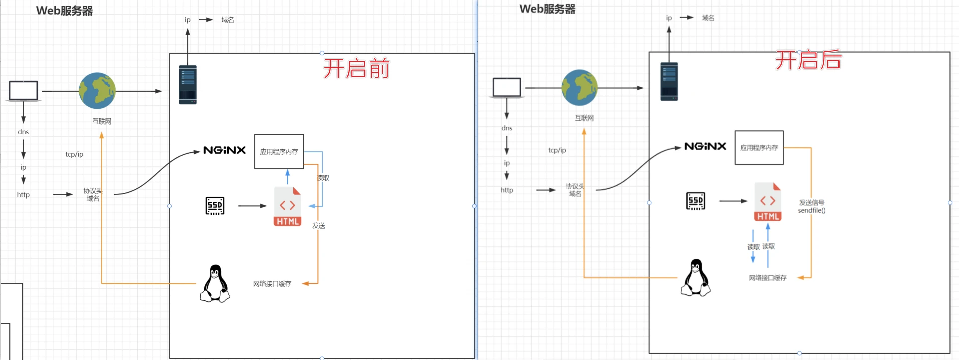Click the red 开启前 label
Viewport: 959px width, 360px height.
[356, 69]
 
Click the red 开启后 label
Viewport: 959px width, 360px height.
[808, 60]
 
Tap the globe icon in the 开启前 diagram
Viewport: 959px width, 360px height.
[97, 91]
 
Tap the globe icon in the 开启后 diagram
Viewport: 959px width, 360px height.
[579, 88]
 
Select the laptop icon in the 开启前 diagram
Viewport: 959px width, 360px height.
[24, 91]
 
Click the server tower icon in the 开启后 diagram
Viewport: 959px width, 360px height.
[669, 81]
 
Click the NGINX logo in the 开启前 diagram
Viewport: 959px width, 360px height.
[224, 150]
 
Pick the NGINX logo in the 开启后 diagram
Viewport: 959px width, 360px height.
[705, 146]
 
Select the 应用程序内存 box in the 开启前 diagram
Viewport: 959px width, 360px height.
[279, 151]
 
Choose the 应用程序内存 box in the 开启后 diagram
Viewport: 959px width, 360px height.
[759, 148]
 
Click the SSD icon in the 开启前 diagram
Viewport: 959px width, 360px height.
[215, 206]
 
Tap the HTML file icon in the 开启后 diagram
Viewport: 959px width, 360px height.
[768, 202]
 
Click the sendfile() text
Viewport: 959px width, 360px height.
[811, 211]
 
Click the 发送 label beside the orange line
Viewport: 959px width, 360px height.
[319, 226]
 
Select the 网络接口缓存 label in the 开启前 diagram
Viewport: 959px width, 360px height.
[272, 284]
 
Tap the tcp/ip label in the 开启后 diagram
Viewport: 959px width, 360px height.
[557, 150]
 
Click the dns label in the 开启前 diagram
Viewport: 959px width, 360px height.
[23, 132]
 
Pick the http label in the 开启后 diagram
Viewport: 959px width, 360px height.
[507, 190]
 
